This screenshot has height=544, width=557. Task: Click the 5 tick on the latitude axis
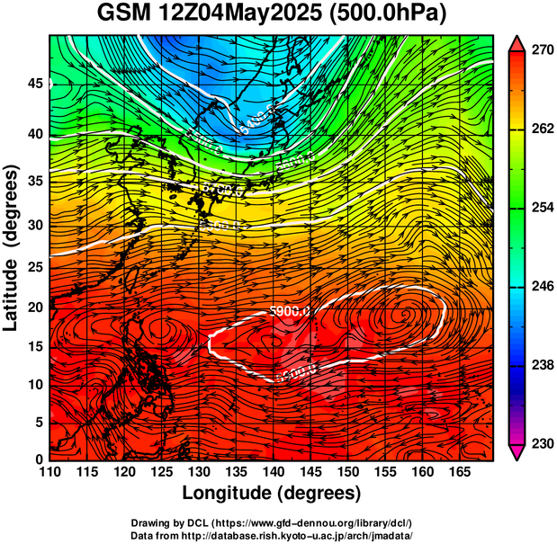[38, 422]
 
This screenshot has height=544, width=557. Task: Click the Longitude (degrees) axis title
[272, 493]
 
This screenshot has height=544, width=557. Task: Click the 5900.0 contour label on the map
[290, 311]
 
